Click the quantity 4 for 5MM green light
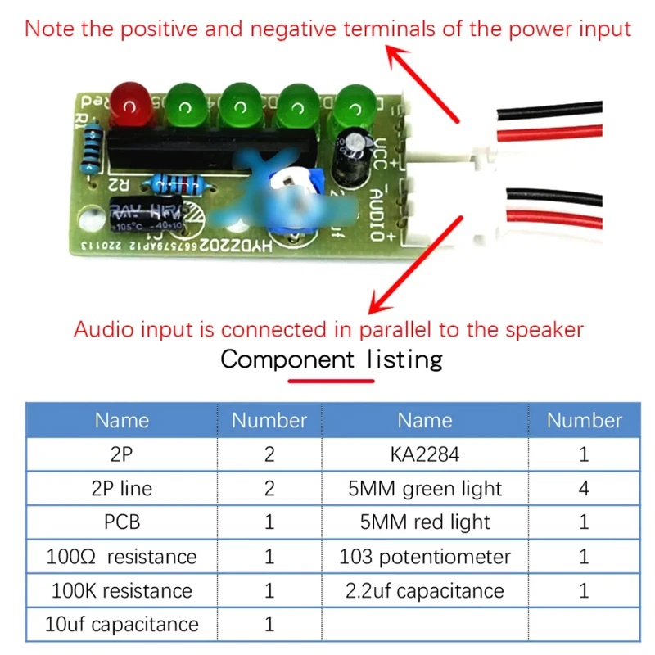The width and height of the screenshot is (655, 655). (584, 489)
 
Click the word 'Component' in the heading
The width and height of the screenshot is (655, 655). (287, 359)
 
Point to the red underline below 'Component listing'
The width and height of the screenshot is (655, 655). (331, 380)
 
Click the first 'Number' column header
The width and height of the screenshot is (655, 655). (269, 421)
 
